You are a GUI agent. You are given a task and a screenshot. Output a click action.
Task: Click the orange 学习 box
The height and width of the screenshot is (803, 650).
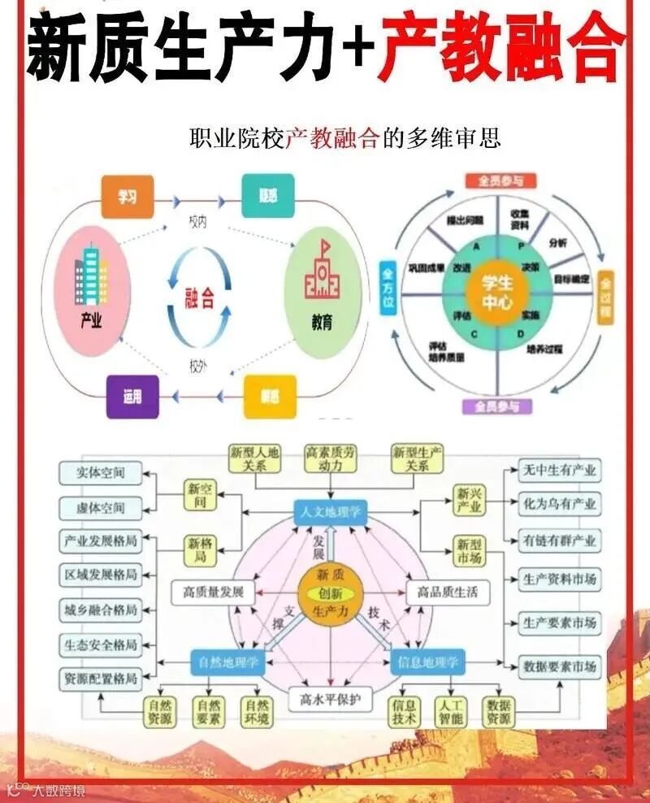(127, 197)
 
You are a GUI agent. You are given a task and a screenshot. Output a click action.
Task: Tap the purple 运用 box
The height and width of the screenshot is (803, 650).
(132, 397)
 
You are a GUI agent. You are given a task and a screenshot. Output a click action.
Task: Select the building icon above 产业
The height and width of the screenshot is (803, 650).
(92, 276)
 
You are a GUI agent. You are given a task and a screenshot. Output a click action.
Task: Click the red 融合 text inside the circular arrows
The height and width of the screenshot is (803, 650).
(200, 297)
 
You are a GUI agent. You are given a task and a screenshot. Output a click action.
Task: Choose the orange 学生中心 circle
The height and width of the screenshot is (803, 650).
(497, 291)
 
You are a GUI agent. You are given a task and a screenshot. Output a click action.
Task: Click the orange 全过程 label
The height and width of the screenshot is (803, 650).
(605, 297)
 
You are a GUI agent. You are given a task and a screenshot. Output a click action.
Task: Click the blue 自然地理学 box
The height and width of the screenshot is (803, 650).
(228, 662)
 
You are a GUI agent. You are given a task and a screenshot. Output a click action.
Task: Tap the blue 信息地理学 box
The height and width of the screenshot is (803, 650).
(428, 662)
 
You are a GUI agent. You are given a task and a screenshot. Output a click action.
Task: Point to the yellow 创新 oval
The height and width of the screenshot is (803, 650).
(330, 592)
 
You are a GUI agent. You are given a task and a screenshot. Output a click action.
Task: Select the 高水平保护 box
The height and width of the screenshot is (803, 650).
(330, 698)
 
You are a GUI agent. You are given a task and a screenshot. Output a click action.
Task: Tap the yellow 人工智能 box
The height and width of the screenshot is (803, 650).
(450, 711)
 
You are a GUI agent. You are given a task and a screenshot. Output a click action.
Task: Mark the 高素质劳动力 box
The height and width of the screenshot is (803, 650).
(330, 458)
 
